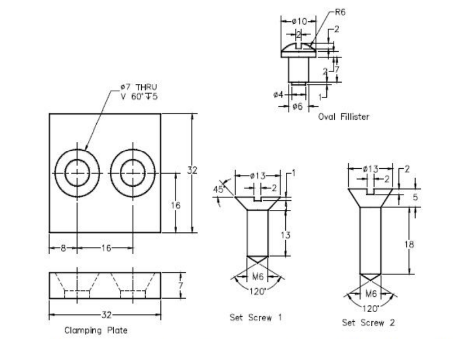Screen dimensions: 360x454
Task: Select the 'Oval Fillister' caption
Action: click(x=343, y=117)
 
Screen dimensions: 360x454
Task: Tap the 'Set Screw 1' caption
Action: click(x=256, y=317)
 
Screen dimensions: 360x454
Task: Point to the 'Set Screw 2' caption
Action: click(x=368, y=323)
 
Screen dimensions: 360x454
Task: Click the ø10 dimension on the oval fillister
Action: click(x=300, y=21)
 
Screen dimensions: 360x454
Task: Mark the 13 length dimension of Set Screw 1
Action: click(x=286, y=235)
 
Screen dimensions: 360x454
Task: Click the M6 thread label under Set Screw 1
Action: click(x=258, y=276)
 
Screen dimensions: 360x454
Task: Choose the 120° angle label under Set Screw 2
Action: click(x=370, y=308)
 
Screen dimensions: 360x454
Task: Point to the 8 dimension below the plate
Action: click(x=62, y=247)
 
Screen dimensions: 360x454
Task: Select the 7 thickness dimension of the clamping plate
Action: click(x=181, y=285)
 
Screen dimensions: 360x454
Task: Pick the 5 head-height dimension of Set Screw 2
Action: click(x=415, y=197)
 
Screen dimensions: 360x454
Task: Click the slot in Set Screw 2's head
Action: click(x=371, y=192)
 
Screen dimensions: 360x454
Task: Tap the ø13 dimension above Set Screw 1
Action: click(x=258, y=176)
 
